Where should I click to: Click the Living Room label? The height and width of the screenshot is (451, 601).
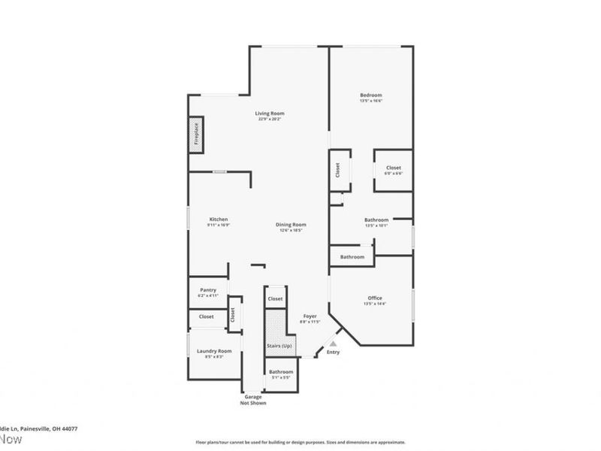(x=269, y=114)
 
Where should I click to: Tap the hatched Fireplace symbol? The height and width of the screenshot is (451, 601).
(x=195, y=135)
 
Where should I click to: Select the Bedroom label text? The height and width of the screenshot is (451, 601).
(x=370, y=95)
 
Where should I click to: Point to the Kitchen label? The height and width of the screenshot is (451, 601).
(x=218, y=219)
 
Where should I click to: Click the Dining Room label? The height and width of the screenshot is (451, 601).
(x=291, y=224)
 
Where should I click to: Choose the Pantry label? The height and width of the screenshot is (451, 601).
(x=208, y=290)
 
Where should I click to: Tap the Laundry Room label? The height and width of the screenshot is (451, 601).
(x=214, y=351)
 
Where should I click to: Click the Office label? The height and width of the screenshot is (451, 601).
(x=375, y=298)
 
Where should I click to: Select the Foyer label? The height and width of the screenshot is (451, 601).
(x=310, y=316)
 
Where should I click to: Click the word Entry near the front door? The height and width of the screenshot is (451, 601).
(x=333, y=353)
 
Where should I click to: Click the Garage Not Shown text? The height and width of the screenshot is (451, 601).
(x=253, y=400)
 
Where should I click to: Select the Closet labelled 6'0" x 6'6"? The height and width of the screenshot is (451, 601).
(x=394, y=168)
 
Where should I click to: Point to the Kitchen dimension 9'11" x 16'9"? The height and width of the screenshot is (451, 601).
(x=218, y=225)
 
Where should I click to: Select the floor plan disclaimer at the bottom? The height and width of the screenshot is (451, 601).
(x=300, y=443)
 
